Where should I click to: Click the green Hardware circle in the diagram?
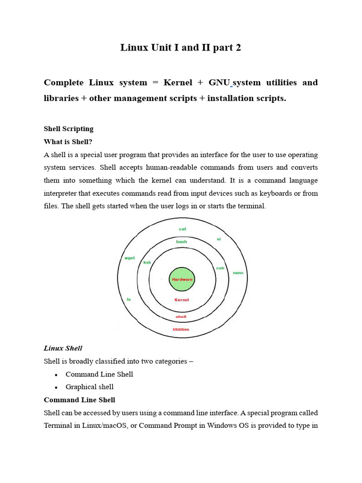[x=181, y=279]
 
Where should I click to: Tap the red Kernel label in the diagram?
[x=181, y=300]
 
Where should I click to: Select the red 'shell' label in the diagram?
[x=181, y=316]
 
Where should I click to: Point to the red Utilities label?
[x=181, y=329]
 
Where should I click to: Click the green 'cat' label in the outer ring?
[x=182, y=229]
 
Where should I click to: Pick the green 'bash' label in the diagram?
[x=181, y=241]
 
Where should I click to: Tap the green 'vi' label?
[x=219, y=239]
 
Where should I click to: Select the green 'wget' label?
[x=130, y=258]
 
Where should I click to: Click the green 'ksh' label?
[x=147, y=262]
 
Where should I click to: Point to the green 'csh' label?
[x=220, y=268]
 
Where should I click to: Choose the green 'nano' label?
[x=238, y=273]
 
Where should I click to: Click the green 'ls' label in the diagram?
[x=129, y=299]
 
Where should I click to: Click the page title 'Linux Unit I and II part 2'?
[x=181, y=48]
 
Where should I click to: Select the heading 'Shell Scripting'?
[x=68, y=129]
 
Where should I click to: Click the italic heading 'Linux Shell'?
[x=63, y=349]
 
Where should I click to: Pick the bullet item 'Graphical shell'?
[x=90, y=387]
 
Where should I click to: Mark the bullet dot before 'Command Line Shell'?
[x=56, y=375]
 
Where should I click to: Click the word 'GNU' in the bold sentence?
[x=219, y=83]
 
